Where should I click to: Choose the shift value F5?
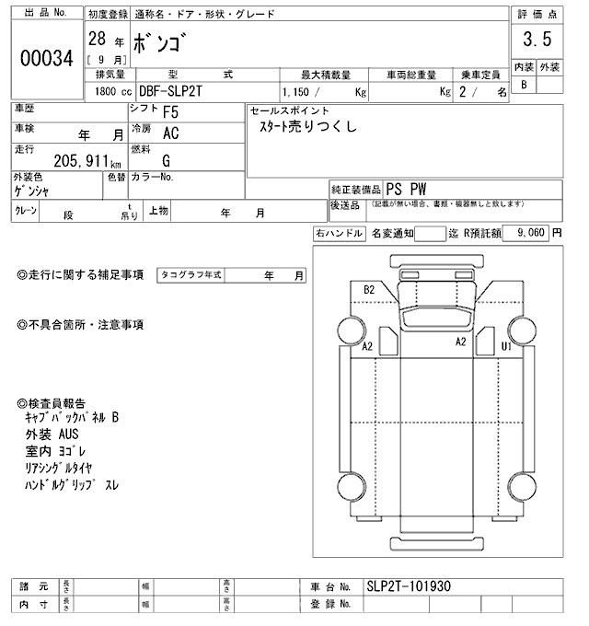(170, 114)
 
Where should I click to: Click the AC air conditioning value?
(170, 133)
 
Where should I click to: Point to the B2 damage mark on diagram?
(369, 290)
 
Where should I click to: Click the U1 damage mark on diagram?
(505, 346)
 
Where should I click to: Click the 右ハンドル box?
(339, 234)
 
